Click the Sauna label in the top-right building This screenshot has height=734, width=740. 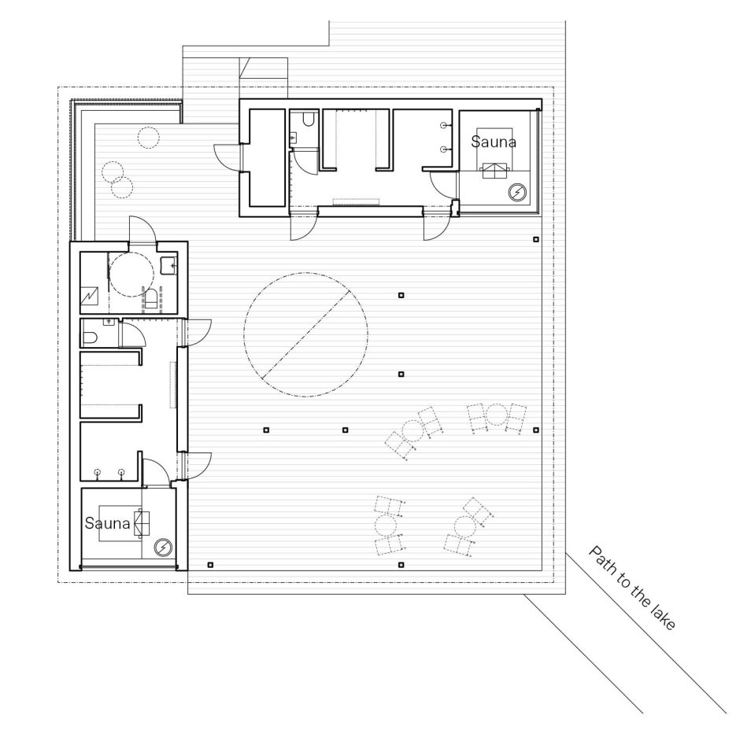[x=493, y=142]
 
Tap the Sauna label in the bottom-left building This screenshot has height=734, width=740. [x=107, y=522]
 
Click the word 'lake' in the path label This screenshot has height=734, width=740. [x=663, y=617]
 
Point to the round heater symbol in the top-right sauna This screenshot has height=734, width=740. [x=517, y=193]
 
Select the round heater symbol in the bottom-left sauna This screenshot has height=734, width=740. [x=163, y=548]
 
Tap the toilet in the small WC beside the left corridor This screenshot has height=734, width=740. [x=91, y=337]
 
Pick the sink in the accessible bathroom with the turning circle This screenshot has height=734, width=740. [x=169, y=266]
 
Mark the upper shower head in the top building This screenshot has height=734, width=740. [x=444, y=125]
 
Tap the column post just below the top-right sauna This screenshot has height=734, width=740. [x=536, y=240]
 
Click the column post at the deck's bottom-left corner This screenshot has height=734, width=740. [x=210, y=565]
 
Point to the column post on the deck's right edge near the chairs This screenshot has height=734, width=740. [x=536, y=430]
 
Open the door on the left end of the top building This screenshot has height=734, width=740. [x=227, y=156]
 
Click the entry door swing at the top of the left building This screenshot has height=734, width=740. [x=142, y=230]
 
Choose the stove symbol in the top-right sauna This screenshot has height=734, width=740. [x=494, y=170]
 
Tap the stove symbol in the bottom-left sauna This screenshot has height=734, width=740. [x=142, y=523]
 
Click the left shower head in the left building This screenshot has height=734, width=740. [x=98, y=473]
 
